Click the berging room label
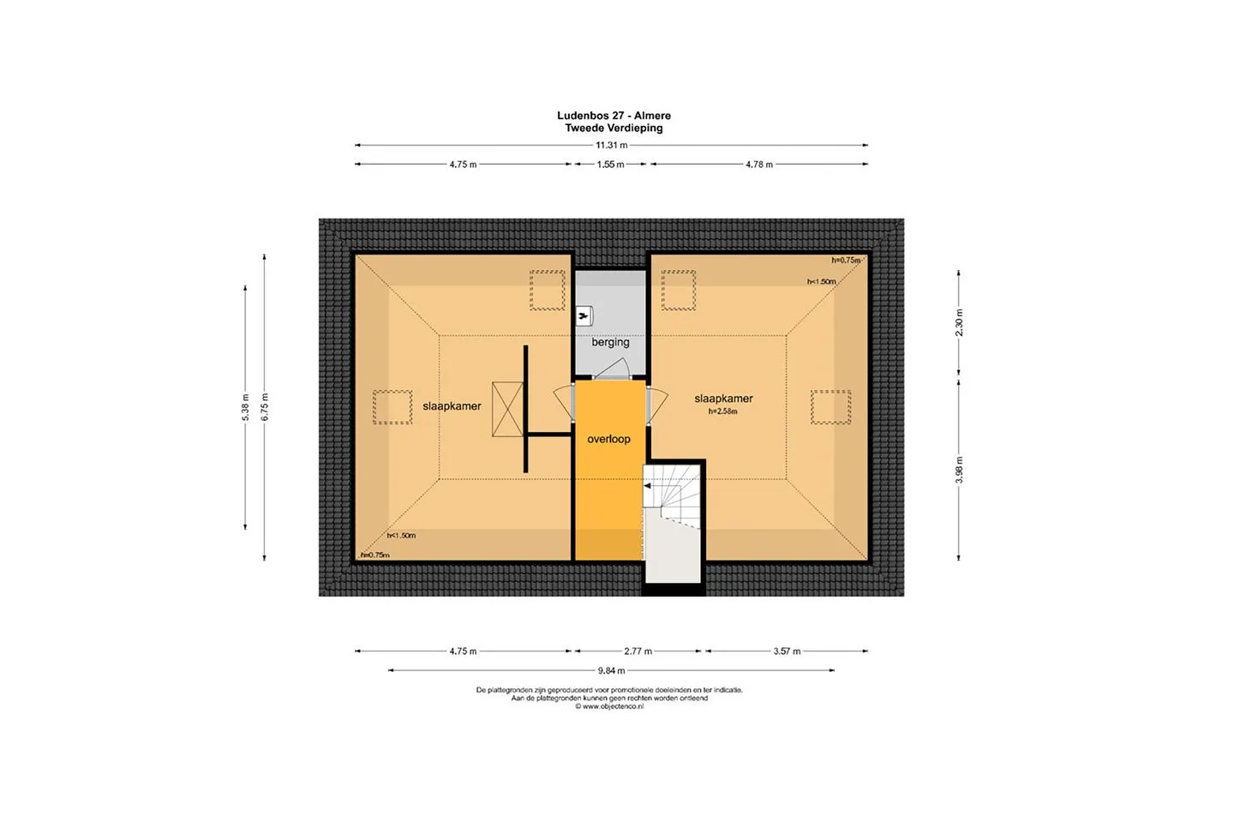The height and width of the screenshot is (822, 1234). click(x=610, y=342)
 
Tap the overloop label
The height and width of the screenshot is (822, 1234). click(x=608, y=439)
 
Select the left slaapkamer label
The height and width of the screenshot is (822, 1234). click(x=452, y=406)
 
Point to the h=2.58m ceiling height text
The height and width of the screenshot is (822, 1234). click(x=722, y=411)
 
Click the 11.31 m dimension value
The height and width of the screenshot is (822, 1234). click(x=612, y=146)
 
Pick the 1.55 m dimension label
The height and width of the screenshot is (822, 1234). click(x=610, y=165)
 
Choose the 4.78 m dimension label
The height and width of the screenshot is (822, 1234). click(x=759, y=165)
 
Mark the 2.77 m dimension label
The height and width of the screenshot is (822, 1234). click(x=638, y=651)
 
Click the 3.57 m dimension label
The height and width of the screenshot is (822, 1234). click(x=787, y=651)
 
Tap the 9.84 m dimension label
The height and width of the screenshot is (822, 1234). click(x=612, y=670)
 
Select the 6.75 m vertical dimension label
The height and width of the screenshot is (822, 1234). click(x=265, y=407)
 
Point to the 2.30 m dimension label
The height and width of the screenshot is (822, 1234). click(x=959, y=322)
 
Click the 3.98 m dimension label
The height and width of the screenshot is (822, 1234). click(x=959, y=470)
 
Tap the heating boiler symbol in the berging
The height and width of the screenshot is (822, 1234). click(x=584, y=316)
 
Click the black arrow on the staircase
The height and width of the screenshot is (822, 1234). click(x=647, y=486)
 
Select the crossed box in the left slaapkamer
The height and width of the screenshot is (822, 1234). click(x=507, y=410)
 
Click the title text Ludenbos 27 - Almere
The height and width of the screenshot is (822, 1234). click(x=614, y=116)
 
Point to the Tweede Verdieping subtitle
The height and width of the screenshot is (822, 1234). click(x=614, y=128)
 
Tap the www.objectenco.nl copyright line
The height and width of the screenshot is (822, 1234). click(x=609, y=706)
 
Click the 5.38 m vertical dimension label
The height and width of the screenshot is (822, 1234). click(x=246, y=407)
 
